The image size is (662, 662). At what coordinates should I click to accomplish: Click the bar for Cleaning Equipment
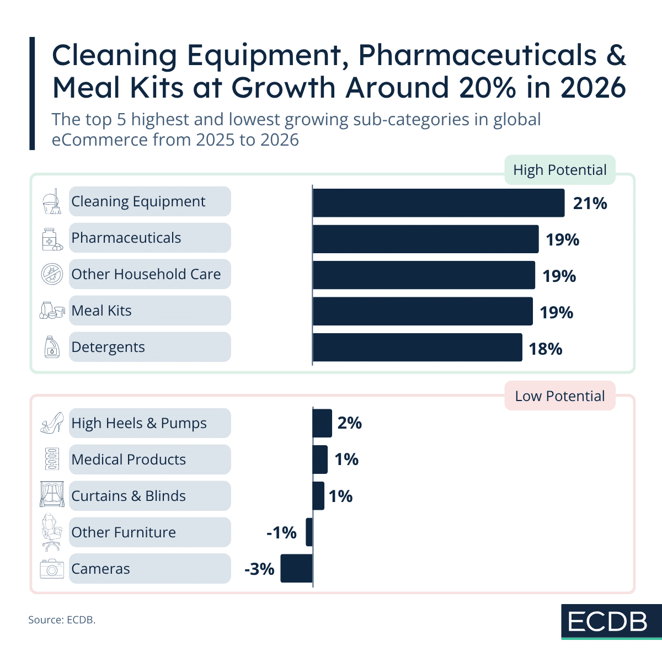[438, 203]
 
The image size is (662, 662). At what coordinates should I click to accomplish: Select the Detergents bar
[417, 348]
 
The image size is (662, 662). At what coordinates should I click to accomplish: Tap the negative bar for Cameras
[296, 569]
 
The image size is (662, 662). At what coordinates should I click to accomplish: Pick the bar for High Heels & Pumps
[322, 423]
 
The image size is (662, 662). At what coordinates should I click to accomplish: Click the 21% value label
[590, 204]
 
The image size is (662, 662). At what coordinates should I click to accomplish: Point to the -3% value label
[259, 569]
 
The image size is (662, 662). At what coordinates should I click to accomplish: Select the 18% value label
[545, 349]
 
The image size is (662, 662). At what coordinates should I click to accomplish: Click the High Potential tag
[559, 170]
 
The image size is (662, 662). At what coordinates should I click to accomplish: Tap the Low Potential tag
[559, 396]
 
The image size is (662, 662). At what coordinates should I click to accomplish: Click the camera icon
[52, 569]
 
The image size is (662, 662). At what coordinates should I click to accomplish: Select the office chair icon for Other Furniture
[51, 532]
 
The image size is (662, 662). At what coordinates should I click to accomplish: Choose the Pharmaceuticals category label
[126, 238]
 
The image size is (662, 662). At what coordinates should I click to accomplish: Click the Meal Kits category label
[102, 311]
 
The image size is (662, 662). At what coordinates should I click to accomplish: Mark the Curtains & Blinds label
[129, 496]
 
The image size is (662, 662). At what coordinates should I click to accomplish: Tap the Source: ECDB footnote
[62, 620]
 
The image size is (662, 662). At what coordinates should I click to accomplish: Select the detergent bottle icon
[52, 347]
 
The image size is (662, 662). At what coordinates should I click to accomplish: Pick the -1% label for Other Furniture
[281, 532]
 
